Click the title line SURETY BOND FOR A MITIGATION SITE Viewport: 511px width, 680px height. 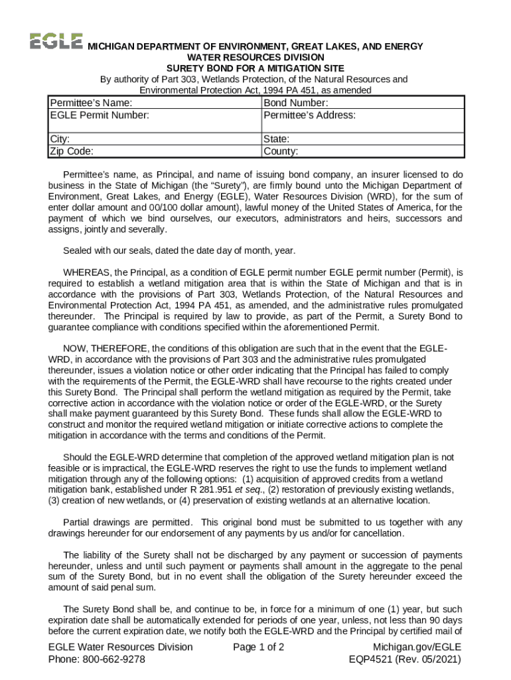255,68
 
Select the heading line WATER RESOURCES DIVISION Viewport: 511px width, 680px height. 255,57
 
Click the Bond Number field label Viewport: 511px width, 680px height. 295,103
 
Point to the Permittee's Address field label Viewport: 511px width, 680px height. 309,115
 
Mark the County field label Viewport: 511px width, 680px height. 281,151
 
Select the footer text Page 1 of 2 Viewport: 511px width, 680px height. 259,647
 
